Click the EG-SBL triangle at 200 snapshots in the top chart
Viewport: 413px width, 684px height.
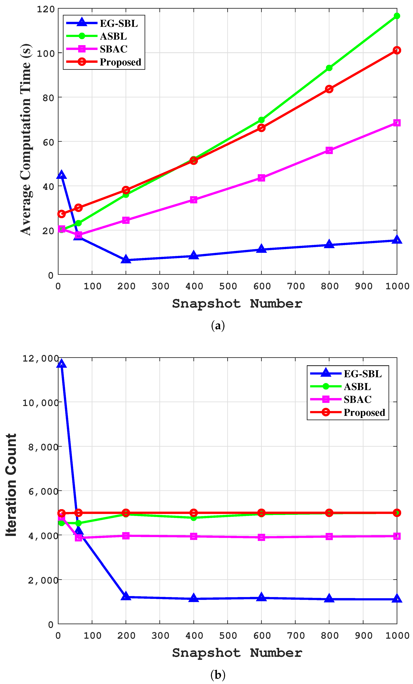126,259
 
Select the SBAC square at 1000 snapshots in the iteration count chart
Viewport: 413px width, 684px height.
397,536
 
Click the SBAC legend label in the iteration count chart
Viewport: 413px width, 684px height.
357,399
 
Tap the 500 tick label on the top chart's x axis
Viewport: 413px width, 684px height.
228,286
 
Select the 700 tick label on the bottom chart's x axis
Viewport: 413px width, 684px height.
295,635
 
